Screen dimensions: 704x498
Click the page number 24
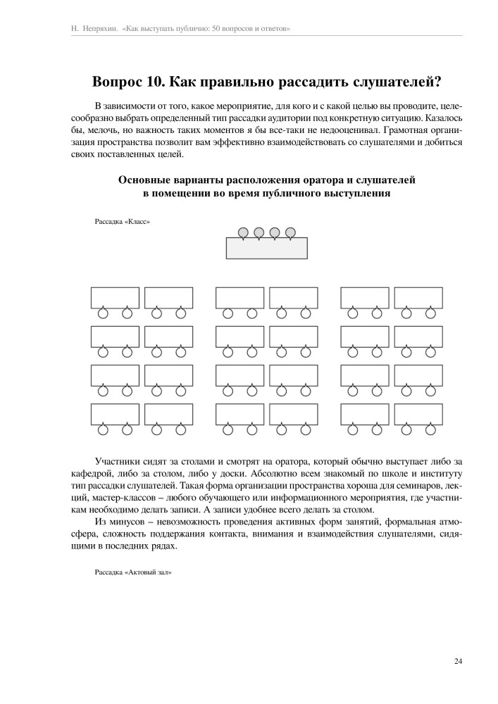click(458, 660)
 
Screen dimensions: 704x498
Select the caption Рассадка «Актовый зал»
click(133, 572)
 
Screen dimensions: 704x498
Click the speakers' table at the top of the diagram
click(267, 249)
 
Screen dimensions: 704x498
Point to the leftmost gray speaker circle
click(243, 232)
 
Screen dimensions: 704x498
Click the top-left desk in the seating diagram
click(115, 298)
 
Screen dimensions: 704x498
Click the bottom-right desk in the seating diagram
click(418, 414)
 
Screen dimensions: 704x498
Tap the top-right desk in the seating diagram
click(418, 298)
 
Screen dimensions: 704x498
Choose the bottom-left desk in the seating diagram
click(115, 414)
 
